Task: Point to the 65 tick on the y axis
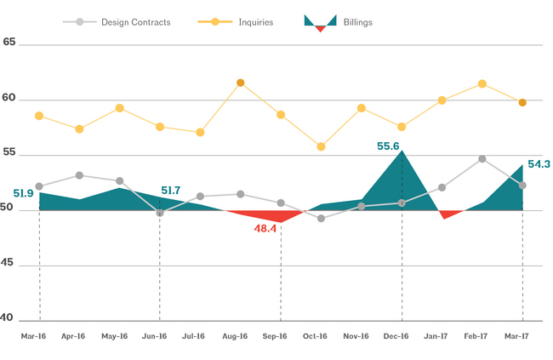click(10, 41)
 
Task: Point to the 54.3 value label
click(539, 164)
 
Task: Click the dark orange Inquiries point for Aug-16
click(241, 83)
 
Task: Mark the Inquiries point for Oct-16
click(321, 146)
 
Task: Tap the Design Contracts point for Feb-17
click(482, 158)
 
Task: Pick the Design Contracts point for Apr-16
click(79, 175)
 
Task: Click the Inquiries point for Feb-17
click(482, 83)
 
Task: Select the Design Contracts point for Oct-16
click(321, 219)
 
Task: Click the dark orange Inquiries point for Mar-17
click(522, 102)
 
